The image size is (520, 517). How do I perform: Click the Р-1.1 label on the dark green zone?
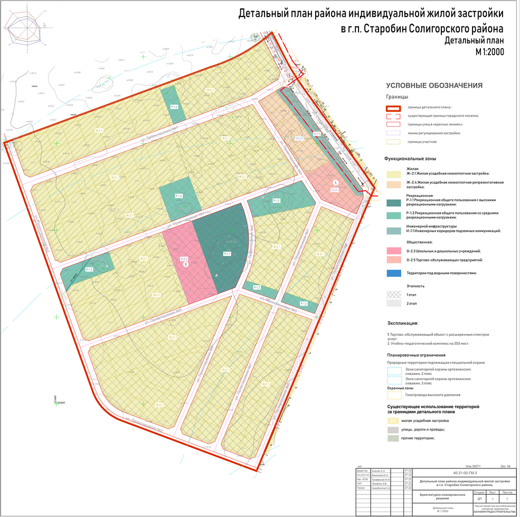coord(226,254)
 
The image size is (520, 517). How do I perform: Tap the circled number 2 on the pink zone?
coord(185,265)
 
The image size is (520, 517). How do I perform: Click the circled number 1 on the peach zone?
coord(328,182)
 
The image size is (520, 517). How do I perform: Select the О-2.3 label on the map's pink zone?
coord(184,258)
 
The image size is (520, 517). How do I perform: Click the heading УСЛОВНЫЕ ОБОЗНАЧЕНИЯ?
coord(434,86)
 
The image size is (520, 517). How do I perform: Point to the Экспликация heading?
coord(403,323)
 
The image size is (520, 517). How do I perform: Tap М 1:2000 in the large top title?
coord(489,52)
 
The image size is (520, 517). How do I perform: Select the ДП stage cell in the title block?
coord(479,498)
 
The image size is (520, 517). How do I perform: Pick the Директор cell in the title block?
coord(362,470)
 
